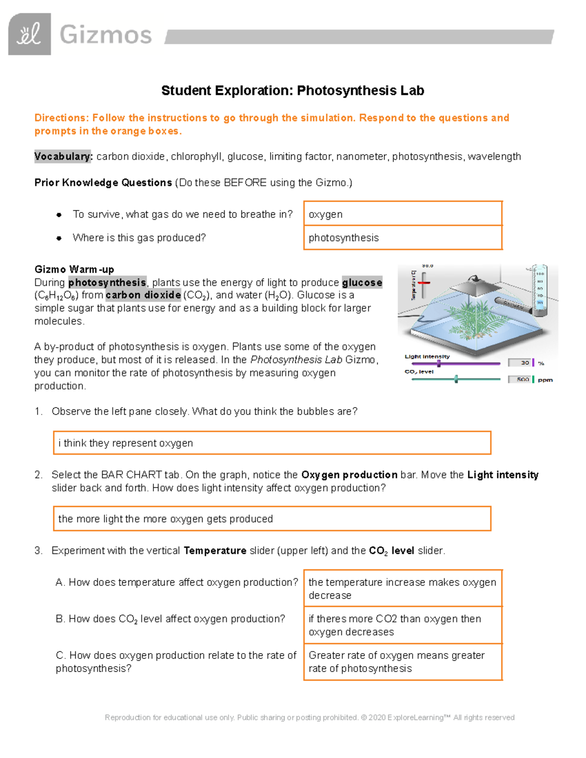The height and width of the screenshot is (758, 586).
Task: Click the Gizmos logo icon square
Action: click(29, 34)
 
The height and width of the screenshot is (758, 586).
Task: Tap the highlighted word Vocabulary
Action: click(63, 157)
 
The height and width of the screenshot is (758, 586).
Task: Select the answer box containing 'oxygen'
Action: click(403, 214)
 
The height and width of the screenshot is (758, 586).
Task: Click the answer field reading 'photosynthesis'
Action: click(403, 238)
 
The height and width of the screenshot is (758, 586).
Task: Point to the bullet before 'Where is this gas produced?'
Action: click(59, 238)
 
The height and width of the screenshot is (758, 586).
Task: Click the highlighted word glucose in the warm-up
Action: click(362, 283)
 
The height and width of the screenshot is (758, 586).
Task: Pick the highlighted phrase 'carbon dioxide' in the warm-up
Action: click(143, 295)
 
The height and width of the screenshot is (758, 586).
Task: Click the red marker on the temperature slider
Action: click(423, 283)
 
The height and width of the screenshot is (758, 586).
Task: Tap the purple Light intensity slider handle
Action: click(439, 364)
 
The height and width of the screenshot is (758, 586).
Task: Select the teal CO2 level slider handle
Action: click(456, 379)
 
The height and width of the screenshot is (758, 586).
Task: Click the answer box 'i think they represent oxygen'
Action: click(272, 443)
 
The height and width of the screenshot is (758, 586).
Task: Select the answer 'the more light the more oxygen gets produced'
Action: click(272, 518)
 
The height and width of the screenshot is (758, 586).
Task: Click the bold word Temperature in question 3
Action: click(215, 551)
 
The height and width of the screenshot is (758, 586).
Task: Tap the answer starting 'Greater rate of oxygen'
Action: click(403, 662)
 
